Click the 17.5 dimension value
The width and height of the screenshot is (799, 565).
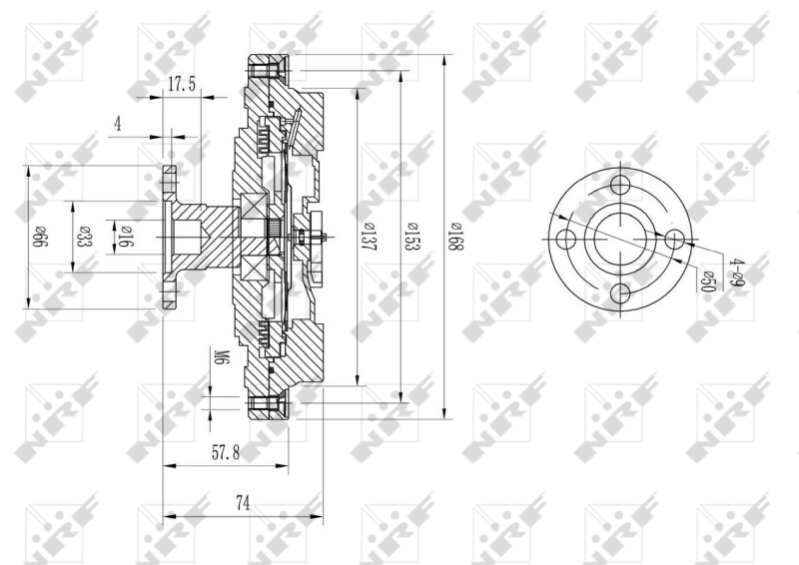point(182,84)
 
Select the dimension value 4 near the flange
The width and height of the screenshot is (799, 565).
point(118,124)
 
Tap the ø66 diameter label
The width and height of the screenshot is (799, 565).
point(40,238)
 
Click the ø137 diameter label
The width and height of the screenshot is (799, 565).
point(368,237)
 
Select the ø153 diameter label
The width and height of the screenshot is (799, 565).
point(411,237)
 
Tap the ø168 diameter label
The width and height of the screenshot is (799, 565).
point(454,237)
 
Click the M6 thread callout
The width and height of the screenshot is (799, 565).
point(219,356)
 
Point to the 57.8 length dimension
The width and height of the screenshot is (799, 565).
point(226,452)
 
